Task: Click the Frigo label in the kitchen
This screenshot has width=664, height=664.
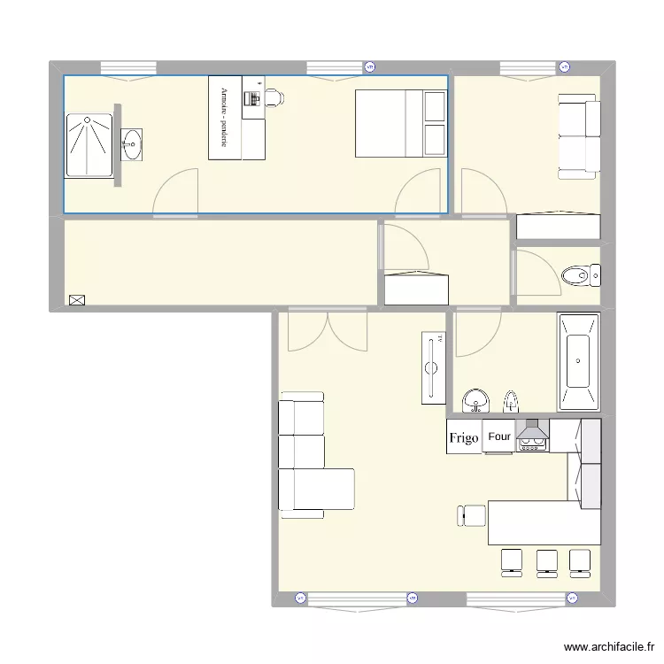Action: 464,437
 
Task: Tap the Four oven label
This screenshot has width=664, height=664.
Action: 499,436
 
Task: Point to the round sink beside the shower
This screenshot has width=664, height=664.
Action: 133,144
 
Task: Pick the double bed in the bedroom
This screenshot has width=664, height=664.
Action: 401,124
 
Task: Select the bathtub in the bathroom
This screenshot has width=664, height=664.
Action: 578,360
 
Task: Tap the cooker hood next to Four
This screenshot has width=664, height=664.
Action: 532,435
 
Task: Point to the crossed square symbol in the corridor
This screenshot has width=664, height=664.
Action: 76,300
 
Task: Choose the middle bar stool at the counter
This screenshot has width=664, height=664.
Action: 547,563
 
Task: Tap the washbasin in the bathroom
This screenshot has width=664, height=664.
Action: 477,401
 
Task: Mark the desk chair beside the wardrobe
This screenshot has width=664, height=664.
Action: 274,97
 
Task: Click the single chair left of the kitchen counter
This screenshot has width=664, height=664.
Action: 473,515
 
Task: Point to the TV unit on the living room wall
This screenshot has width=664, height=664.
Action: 433,366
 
